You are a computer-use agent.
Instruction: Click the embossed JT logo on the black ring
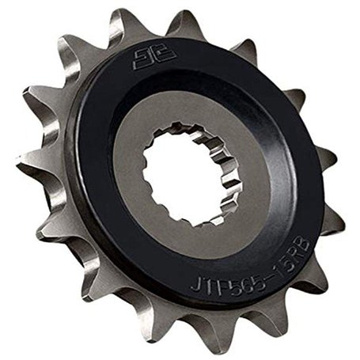click(x=144, y=61)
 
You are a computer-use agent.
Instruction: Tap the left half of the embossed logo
click(x=138, y=63)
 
